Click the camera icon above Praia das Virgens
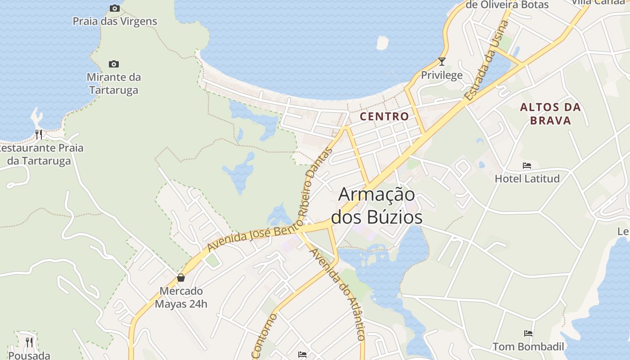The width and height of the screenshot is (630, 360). (115, 8)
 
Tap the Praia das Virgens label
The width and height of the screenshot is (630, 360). (115, 21)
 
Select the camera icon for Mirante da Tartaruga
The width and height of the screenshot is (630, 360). (114, 64)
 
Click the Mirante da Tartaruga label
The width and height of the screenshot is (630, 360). (114, 84)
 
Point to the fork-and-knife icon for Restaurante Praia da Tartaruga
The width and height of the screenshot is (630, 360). (39, 134)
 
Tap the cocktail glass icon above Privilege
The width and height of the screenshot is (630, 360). (442, 62)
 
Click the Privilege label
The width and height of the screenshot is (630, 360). (442, 75)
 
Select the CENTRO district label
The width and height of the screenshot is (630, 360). (385, 117)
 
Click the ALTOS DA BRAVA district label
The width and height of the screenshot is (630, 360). (550, 114)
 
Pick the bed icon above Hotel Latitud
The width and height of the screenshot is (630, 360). (527, 166)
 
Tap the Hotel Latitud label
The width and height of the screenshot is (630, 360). (527, 179)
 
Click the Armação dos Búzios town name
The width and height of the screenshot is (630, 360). (377, 206)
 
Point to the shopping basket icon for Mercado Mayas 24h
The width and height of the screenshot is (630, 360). (181, 278)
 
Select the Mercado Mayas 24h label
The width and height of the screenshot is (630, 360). (181, 297)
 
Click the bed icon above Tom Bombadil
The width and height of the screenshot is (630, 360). (528, 333)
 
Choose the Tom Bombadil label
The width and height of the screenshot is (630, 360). (528, 346)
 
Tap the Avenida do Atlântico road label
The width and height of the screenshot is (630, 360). (337, 294)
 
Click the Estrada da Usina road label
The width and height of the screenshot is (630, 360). (487, 60)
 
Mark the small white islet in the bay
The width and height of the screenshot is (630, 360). (382, 43)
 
